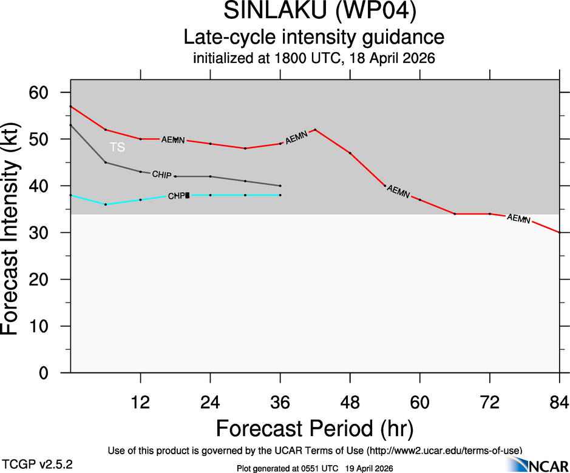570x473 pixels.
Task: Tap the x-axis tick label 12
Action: (141, 402)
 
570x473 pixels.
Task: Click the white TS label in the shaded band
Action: (117, 147)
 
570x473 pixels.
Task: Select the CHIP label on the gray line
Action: (161, 175)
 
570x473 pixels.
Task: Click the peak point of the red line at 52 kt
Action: (315, 130)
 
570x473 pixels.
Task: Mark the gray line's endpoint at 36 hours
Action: (280, 186)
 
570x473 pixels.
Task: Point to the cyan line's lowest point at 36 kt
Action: (106, 204)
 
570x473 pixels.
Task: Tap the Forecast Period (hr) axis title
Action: (314, 428)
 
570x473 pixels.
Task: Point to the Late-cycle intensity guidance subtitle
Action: (314, 38)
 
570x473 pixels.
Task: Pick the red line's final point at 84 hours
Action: (559, 233)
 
